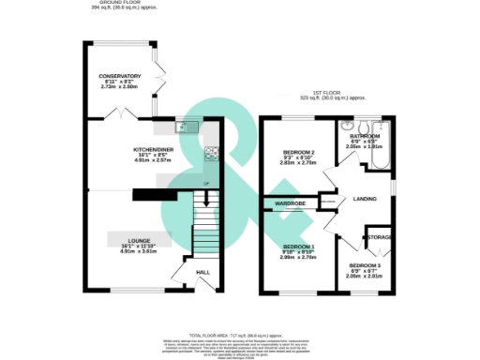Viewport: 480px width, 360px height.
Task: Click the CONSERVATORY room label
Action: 120,76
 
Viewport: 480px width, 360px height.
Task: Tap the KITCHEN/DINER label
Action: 155,149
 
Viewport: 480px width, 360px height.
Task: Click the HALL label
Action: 202,272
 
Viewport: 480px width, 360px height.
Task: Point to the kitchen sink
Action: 184,126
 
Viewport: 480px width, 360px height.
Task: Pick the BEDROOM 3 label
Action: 352,264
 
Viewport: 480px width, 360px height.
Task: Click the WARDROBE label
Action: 292,202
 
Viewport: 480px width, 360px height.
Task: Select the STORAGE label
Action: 379,237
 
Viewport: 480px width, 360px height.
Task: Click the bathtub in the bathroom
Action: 380,146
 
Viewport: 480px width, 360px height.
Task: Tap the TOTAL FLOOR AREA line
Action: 239,334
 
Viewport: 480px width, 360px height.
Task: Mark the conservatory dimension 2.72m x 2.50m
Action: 120,87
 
